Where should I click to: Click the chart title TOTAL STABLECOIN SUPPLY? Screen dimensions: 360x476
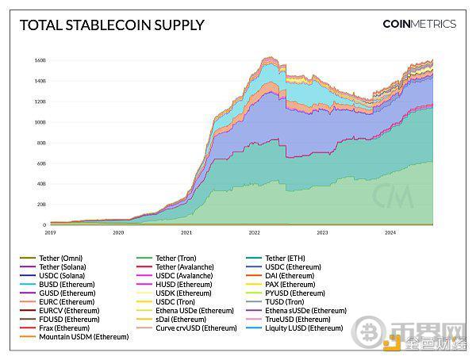click(x=111, y=25)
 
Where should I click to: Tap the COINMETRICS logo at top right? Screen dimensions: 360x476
click(x=419, y=24)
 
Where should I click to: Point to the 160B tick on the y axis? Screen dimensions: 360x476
click(x=40, y=60)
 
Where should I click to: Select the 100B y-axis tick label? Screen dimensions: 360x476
click(x=40, y=122)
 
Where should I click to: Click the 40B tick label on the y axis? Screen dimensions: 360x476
click(x=40, y=184)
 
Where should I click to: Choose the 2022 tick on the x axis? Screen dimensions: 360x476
click(x=255, y=233)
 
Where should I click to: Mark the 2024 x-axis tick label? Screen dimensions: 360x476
click(x=390, y=233)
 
